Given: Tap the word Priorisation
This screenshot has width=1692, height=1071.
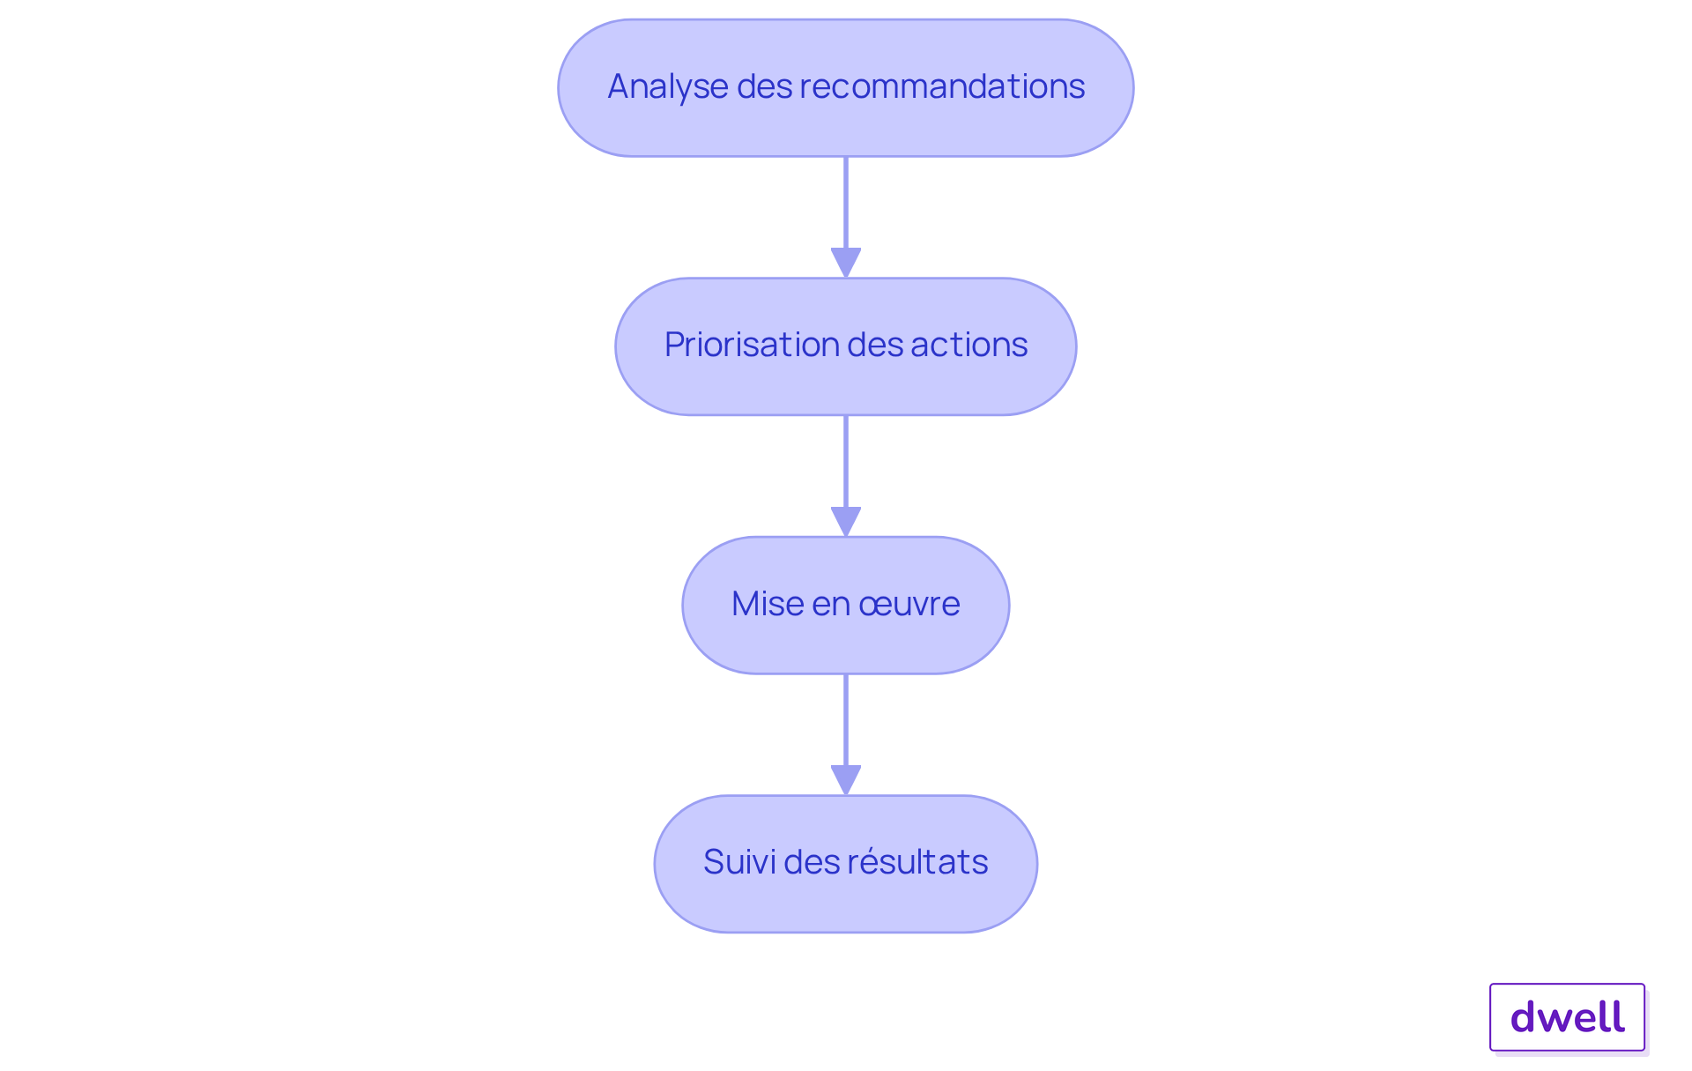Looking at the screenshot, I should click(x=740, y=345).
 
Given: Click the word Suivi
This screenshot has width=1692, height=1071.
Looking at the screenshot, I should click(x=739, y=862).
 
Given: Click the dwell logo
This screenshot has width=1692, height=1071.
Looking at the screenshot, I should click(x=1567, y=1017).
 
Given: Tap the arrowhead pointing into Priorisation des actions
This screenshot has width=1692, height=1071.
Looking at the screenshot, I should click(x=846, y=263).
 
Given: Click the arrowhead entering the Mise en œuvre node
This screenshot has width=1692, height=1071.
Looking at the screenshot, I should click(x=846, y=521).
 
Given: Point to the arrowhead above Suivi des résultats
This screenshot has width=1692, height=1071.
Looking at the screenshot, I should click(x=846, y=779).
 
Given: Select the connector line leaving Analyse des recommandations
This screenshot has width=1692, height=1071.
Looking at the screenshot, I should click(x=846, y=203).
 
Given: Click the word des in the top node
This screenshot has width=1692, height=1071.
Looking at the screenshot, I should click(x=764, y=86).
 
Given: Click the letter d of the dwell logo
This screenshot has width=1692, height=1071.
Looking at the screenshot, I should click(x=1525, y=1017).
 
